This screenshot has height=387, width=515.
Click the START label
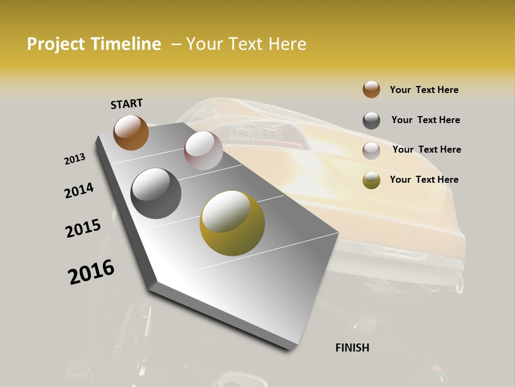[x=127, y=104]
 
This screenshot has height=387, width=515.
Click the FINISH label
[x=352, y=348]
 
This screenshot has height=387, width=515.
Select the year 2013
[x=75, y=159]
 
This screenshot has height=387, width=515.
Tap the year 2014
[x=79, y=190]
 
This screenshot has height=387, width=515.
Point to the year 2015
[x=83, y=228]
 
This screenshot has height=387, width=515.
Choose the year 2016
[x=91, y=272]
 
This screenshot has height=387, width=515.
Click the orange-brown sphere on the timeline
[x=131, y=132]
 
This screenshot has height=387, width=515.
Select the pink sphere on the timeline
[x=203, y=150]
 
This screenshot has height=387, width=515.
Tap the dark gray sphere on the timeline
[x=156, y=193]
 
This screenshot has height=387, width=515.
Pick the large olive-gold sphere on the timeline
[x=232, y=223]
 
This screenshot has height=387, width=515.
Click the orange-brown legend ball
[x=371, y=90]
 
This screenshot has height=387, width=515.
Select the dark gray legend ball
[x=371, y=120]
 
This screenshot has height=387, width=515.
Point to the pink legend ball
[x=371, y=150]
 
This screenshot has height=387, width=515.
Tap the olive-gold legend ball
[x=371, y=181]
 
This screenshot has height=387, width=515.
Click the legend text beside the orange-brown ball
[x=424, y=90]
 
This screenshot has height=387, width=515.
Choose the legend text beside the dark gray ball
[x=425, y=120]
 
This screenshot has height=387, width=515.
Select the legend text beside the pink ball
[x=426, y=149]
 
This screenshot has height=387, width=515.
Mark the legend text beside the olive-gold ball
[x=424, y=180]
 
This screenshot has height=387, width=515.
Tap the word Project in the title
[x=56, y=44]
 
